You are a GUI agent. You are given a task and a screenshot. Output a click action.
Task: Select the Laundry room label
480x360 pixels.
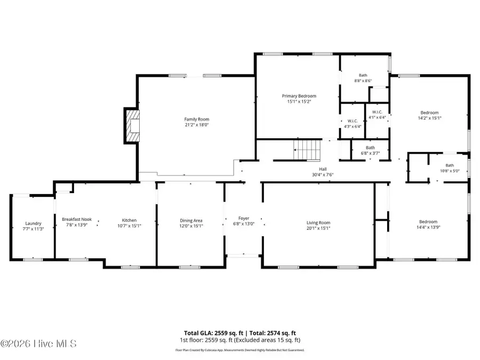coord(33,223)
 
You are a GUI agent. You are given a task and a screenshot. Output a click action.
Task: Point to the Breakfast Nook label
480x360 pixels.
coord(76,219)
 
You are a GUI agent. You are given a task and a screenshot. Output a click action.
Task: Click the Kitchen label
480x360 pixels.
coord(129,220)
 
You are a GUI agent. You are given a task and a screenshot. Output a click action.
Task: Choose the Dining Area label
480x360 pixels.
coord(190,220)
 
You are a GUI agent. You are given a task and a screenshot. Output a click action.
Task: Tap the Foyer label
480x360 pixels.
coord(244,218)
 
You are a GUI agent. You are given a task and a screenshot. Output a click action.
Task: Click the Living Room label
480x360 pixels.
coord(318,222)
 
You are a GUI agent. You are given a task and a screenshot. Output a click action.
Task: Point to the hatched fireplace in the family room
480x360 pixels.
coord(132,126)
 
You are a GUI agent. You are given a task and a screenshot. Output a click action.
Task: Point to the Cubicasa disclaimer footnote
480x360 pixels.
coord(240,350)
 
